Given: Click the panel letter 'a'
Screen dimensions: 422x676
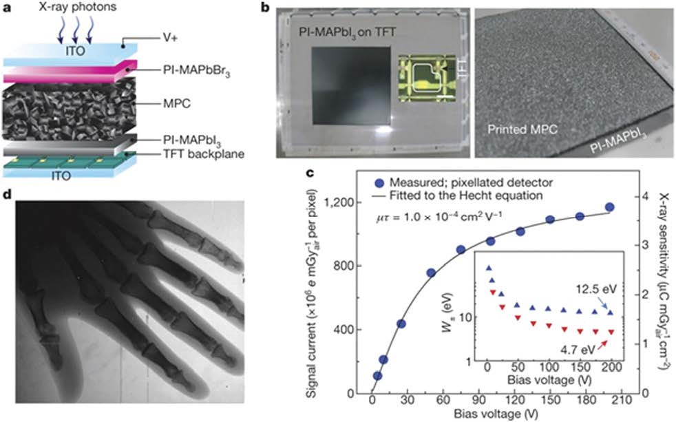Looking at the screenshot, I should coord(8,10).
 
